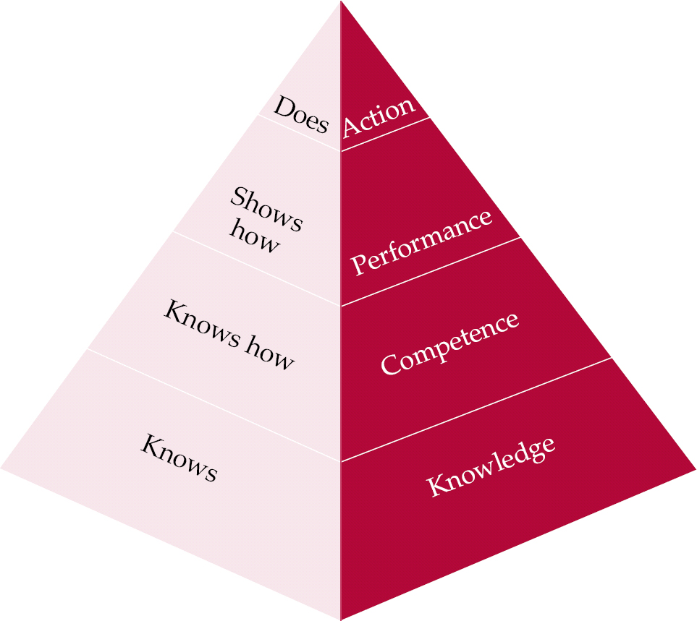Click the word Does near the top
pyautogui.click(x=301, y=116)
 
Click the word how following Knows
pyautogui.click(x=269, y=352)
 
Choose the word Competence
pyautogui.click(x=450, y=343)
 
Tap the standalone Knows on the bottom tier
pyautogui.click(x=179, y=458)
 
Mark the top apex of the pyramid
pyautogui.click(x=340, y=2)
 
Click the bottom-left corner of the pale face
pyautogui.click(x=2, y=468)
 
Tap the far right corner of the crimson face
pyautogui.click(x=694, y=468)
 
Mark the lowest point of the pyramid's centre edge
pyautogui.click(x=340, y=618)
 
